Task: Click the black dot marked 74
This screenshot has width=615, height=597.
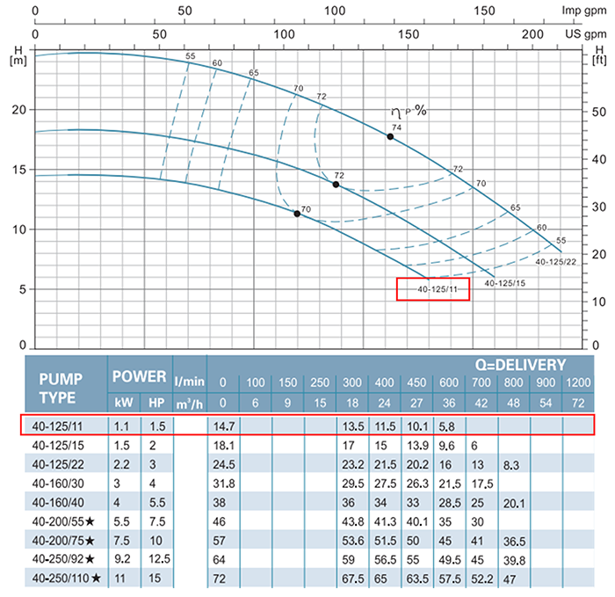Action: click(x=390, y=136)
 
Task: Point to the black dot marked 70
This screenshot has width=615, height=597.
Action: click(x=297, y=214)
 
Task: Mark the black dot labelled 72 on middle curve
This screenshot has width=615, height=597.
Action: click(x=336, y=185)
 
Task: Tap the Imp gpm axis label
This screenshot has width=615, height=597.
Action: click(x=584, y=11)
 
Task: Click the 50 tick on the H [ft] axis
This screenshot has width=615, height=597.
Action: click(x=599, y=112)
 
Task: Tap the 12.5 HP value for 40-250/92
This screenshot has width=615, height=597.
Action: click(x=156, y=560)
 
